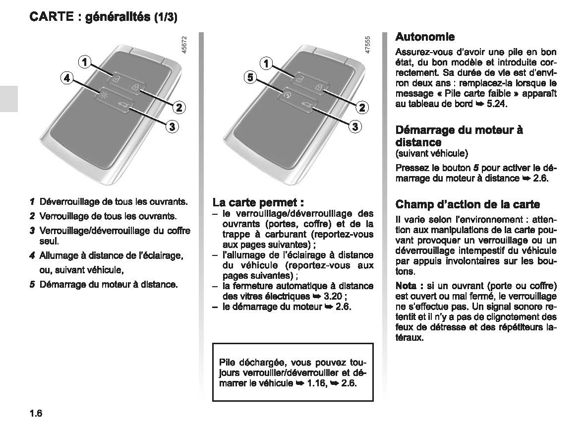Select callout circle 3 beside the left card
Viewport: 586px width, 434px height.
click(x=171, y=126)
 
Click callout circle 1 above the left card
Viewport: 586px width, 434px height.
click(x=85, y=62)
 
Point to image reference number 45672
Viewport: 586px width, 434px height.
click(x=184, y=45)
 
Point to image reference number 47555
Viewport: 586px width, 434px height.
click(x=367, y=45)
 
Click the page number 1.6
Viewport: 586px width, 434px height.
click(x=37, y=413)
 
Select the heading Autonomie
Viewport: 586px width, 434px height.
click(x=425, y=37)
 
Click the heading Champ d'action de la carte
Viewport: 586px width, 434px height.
click(x=468, y=204)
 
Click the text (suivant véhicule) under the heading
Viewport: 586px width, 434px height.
click(x=431, y=153)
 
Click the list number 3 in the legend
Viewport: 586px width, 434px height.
click(x=32, y=231)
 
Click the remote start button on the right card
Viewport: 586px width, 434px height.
click(x=287, y=93)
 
